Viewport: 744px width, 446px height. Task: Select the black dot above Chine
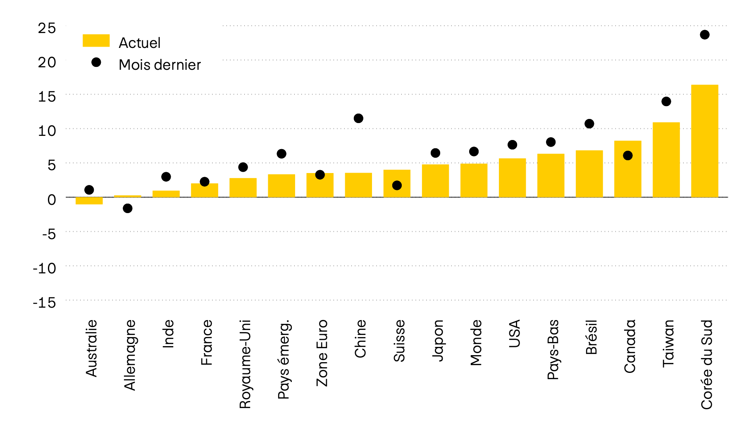(x=358, y=119)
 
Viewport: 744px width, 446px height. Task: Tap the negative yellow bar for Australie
(x=89, y=201)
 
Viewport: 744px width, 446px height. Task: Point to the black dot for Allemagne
(x=127, y=208)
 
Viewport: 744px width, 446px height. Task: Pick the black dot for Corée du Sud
(x=705, y=35)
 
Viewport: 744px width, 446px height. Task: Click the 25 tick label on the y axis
(x=47, y=28)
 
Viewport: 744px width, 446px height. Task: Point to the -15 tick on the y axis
(x=45, y=303)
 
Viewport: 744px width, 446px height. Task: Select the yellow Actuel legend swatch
(x=96, y=40)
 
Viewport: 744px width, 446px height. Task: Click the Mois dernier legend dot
(x=96, y=62)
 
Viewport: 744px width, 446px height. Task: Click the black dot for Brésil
(x=589, y=124)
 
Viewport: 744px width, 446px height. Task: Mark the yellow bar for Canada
(x=627, y=169)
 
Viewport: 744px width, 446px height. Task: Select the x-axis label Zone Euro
(x=322, y=353)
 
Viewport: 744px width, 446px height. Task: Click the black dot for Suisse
(x=397, y=185)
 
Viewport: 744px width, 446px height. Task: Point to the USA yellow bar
(x=512, y=178)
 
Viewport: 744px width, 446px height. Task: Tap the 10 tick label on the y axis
(x=47, y=131)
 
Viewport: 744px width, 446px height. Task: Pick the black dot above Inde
(x=166, y=177)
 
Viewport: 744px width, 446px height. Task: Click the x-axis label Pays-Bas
(x=553, y=349)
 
